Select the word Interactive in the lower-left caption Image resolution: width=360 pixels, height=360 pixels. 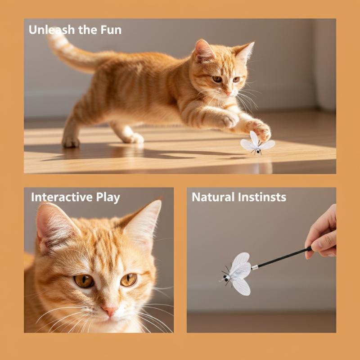62,197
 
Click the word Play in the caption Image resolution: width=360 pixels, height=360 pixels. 108,198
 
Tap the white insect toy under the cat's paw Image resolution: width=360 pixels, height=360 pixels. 257,144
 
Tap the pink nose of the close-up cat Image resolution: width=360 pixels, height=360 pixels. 110,310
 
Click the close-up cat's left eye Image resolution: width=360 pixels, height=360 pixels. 84,281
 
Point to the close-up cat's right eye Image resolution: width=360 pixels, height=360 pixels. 129,279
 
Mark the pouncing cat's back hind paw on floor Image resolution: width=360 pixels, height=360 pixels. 71,142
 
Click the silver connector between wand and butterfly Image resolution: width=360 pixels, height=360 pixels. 255,267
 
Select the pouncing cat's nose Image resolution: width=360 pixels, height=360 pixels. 229,93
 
